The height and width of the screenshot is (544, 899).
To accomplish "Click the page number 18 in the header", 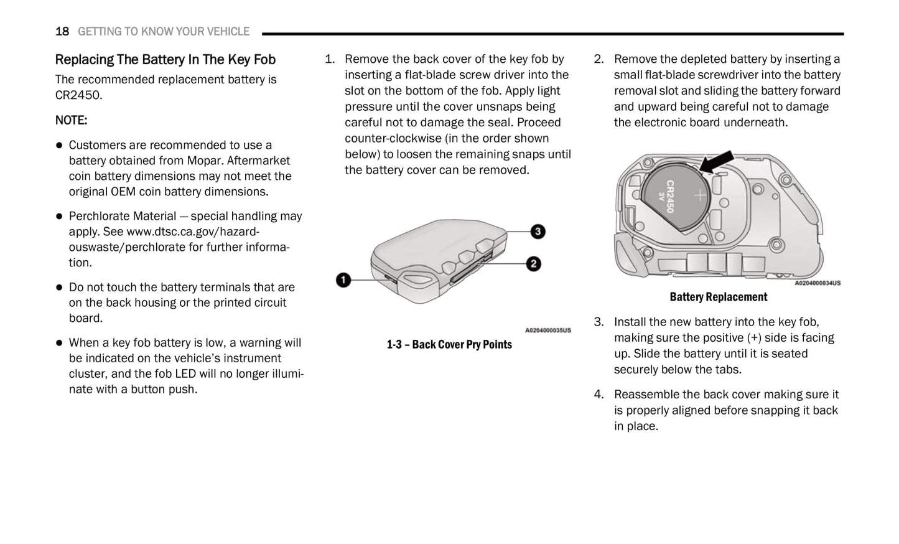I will [x=62, y=31].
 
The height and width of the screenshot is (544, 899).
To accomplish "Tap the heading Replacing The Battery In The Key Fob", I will [x=165, y=60].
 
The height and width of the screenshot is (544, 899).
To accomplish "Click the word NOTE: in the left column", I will [x=71, y=120].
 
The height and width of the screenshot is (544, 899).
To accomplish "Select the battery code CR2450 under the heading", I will [x=78, y=95].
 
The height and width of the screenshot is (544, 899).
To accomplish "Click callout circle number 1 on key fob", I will [x=343, y=280].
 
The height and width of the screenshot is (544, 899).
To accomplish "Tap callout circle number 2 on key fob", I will [x=533, y=264].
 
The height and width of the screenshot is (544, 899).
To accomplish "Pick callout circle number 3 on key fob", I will [x=538, y=232].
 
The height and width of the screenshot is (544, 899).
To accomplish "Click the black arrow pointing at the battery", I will [x=716, y=162].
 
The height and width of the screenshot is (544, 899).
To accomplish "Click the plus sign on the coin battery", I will [x=700, y=195].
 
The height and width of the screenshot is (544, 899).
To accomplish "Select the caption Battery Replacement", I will [x=718, y=297].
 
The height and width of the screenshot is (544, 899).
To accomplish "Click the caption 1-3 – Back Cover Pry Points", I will [x=449, y=345].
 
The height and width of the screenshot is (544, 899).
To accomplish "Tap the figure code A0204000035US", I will [x=547, y=331].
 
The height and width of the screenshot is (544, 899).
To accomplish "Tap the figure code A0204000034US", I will [x=817, y=283].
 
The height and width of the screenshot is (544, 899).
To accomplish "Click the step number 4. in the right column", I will [x=599, y=395].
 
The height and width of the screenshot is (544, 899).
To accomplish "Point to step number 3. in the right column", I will [x=599, y=322].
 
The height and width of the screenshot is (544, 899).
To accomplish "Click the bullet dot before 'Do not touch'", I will [x=60, y=288].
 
